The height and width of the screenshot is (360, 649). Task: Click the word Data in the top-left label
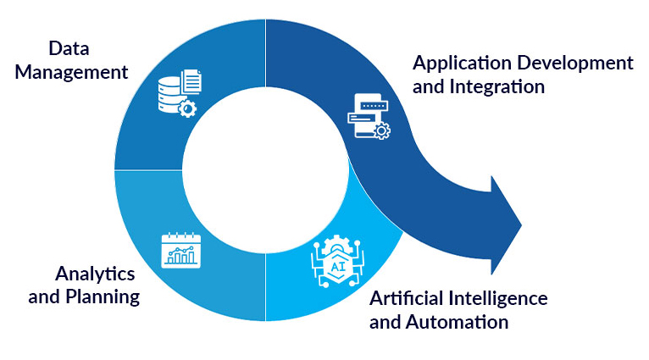(x=69, y=47)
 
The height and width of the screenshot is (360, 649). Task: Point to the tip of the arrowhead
(x=520, y=224)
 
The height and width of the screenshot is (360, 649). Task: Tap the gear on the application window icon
(x=382, y=130)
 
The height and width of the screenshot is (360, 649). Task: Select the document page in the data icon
(x=191, y=83)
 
